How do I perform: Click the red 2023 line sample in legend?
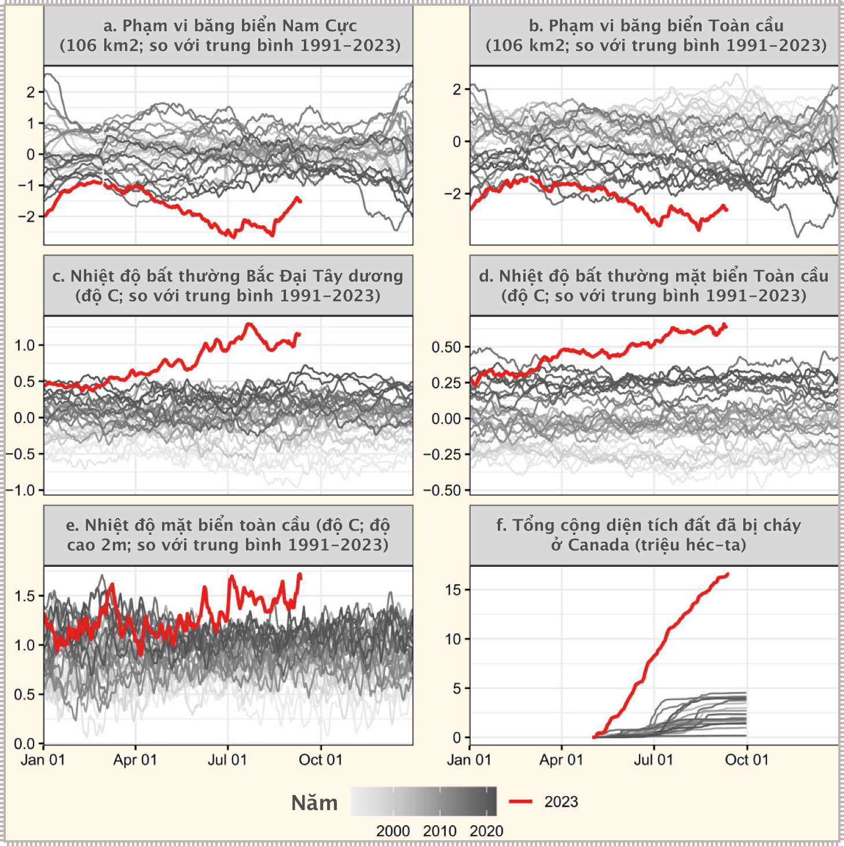(x=520, y=801)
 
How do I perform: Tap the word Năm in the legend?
(x=314, y=803)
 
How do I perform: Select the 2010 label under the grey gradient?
(x=439, y=831)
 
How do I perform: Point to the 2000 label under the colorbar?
(x=393, y=831)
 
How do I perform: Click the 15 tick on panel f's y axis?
(x=453, y=590)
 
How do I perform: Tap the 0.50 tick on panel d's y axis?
(x=446, y=347)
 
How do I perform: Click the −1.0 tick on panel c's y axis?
(x=21, y=490)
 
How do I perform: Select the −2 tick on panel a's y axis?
(x=27, y=217)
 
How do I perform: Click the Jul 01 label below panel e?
(x=227, y=760)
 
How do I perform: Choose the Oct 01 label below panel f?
(x=747, y=760)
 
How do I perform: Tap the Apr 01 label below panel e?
(x=135, y=760)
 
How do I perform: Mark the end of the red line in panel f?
(x=728, y=574)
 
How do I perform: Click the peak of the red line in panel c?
(x=249, y=324)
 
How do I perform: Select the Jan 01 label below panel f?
(x=469, y=760)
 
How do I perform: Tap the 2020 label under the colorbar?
(x=486, y=831)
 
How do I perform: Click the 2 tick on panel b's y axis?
(x=457, y=89)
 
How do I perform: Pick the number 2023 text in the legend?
(x=561, y=802)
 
